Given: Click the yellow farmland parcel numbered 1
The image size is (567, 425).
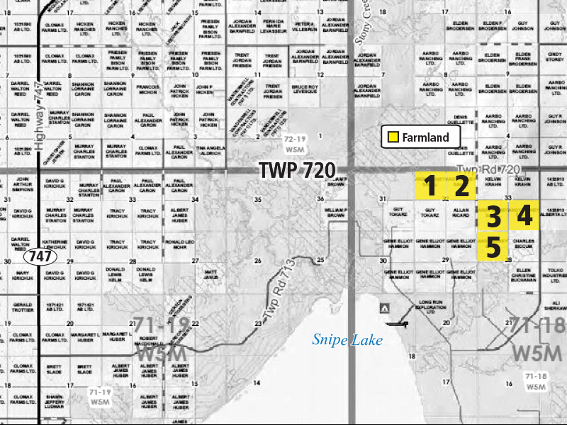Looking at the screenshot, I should [430, 186].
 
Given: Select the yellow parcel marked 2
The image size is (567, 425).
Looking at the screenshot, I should [462, 186].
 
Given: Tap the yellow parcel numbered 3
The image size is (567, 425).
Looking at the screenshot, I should [493, 217].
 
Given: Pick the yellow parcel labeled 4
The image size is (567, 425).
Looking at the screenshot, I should [524, 216].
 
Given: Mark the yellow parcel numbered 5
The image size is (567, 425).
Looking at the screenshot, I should [493, 248].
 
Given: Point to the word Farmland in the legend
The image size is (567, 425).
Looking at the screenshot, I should [425, 137].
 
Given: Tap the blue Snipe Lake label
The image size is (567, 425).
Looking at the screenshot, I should [347, 341].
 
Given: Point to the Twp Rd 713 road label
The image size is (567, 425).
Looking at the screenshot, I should [277, 297].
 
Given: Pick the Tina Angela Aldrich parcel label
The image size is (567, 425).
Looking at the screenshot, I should [210, 151].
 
